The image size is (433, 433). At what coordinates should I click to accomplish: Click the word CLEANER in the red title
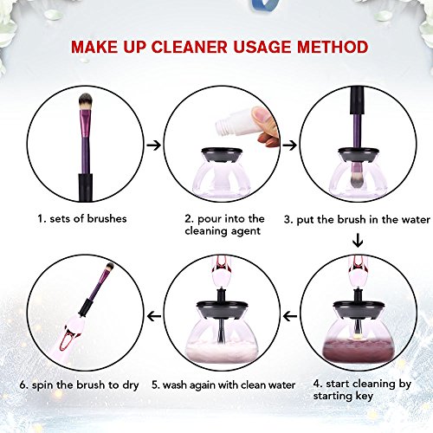click(190, 47)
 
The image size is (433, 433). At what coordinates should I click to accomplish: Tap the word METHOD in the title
click(333, 47)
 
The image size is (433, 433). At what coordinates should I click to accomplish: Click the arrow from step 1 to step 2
click(153, 145)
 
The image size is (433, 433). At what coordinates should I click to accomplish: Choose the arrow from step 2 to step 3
click(289, 145)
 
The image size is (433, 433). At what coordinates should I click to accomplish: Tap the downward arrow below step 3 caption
click(358, 241)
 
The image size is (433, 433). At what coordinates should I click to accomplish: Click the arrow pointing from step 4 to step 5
click(290, 316)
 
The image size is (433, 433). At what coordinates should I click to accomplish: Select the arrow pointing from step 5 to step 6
click(154, 316)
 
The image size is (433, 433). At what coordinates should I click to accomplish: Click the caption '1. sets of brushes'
click(82, 218)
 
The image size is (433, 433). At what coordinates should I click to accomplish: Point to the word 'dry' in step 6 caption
click(131, 385)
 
